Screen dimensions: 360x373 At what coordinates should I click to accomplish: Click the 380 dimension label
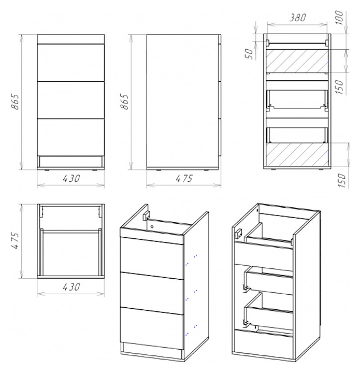point(297,18)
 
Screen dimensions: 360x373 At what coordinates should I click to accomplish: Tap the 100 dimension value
point(340,18)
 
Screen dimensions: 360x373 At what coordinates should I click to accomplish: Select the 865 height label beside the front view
point(15,102)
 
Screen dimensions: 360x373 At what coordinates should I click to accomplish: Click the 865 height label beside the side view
point(124,102)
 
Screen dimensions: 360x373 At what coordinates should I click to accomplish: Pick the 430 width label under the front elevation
point(71,178)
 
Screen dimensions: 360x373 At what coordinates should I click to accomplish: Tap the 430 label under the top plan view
point(71,287)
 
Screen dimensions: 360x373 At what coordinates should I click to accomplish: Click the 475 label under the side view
point(184,178)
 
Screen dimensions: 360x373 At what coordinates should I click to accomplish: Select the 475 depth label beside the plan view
point(15,240)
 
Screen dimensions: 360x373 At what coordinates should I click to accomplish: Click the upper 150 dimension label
point(340,87)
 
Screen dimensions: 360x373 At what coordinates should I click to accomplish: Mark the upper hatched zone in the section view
point(297,61)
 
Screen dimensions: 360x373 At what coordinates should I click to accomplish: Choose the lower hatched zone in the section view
point(297,154)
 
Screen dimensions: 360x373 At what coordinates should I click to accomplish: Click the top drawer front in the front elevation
point(71,63)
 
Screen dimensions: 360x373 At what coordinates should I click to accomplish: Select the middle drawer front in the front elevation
point(71,100)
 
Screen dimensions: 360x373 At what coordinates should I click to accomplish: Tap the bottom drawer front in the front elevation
point(71,137)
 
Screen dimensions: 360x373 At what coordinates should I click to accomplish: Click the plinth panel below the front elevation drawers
point(71,161)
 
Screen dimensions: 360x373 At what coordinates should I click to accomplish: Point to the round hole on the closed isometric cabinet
point(152,226)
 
